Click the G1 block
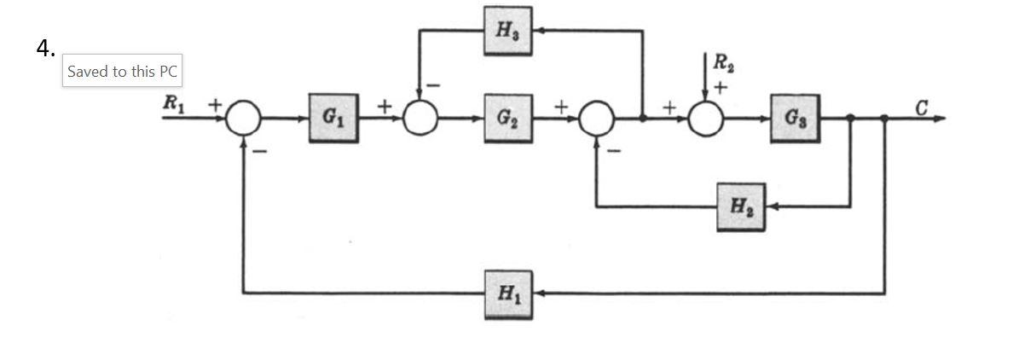tap(333, 118)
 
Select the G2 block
tap(509, 118)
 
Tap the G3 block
tap(796, 118)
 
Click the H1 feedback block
tap(508, 293)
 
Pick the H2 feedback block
tap(740, 206)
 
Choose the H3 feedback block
tap(508, 30)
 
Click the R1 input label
tap(174, 103)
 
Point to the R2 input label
tap(721, 62)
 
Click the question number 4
tap(46, 49)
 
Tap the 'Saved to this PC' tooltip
tap(122, 72)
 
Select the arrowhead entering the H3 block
tap(541, 30)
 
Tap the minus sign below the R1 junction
tap(259, 150)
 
